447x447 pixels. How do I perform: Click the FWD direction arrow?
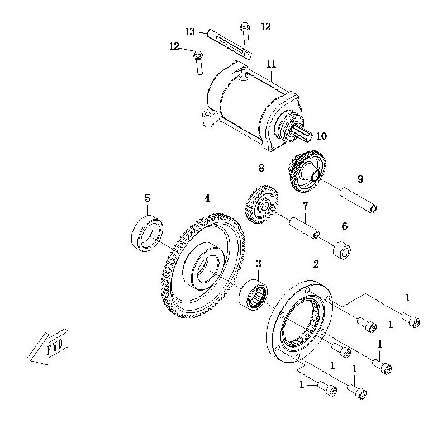(49, 347)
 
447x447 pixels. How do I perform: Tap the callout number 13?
(190, 32)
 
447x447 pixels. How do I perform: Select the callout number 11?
(272, 64)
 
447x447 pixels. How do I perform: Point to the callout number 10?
(322, 136)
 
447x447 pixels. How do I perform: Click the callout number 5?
(147, 198)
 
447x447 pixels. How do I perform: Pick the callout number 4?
(207, 198)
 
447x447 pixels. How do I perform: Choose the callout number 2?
(316, 264)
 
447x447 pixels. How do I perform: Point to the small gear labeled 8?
(261, 204)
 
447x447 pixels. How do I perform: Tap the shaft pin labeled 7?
(305, 228)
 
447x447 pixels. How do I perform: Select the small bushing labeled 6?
(342, 250)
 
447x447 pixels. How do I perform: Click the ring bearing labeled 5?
(147, 234)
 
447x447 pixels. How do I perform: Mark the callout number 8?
(261, 168)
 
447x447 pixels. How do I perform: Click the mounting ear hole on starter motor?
(207, 115)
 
